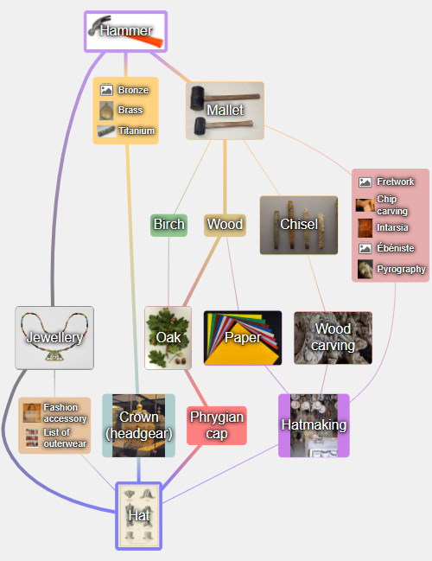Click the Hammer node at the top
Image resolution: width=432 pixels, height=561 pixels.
pos(126,31)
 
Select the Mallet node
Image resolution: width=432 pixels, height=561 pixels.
pos(225,111)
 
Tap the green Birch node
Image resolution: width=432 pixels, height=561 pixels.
pos(168,225)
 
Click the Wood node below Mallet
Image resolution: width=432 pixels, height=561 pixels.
pos(225,225)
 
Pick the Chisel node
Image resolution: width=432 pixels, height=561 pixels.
pos(299,225)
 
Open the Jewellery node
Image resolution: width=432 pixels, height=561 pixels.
pos(54,337)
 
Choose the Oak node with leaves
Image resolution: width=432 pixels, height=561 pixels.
pos(168,337)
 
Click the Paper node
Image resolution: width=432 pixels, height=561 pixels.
pos(243,338)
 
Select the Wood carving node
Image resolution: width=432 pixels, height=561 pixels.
pos(333,338)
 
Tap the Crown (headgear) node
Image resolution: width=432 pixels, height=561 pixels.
pos(139,425)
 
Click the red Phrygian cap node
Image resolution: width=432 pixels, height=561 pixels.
pos(217,425)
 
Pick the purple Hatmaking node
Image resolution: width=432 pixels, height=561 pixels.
pos(314,425)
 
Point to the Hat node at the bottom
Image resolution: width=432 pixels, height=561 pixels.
pos(139,515)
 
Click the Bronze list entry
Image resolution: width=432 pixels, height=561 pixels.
pos(124,90)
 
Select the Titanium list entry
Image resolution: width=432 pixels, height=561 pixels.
pos(126,131)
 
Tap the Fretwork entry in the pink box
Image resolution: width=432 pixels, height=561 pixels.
pos(386,182)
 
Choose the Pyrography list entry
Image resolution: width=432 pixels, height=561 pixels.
pos(391,269)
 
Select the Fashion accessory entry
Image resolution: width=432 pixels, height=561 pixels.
pos(54,413)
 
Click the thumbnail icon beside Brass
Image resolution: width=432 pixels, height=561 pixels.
pos(106,110)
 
